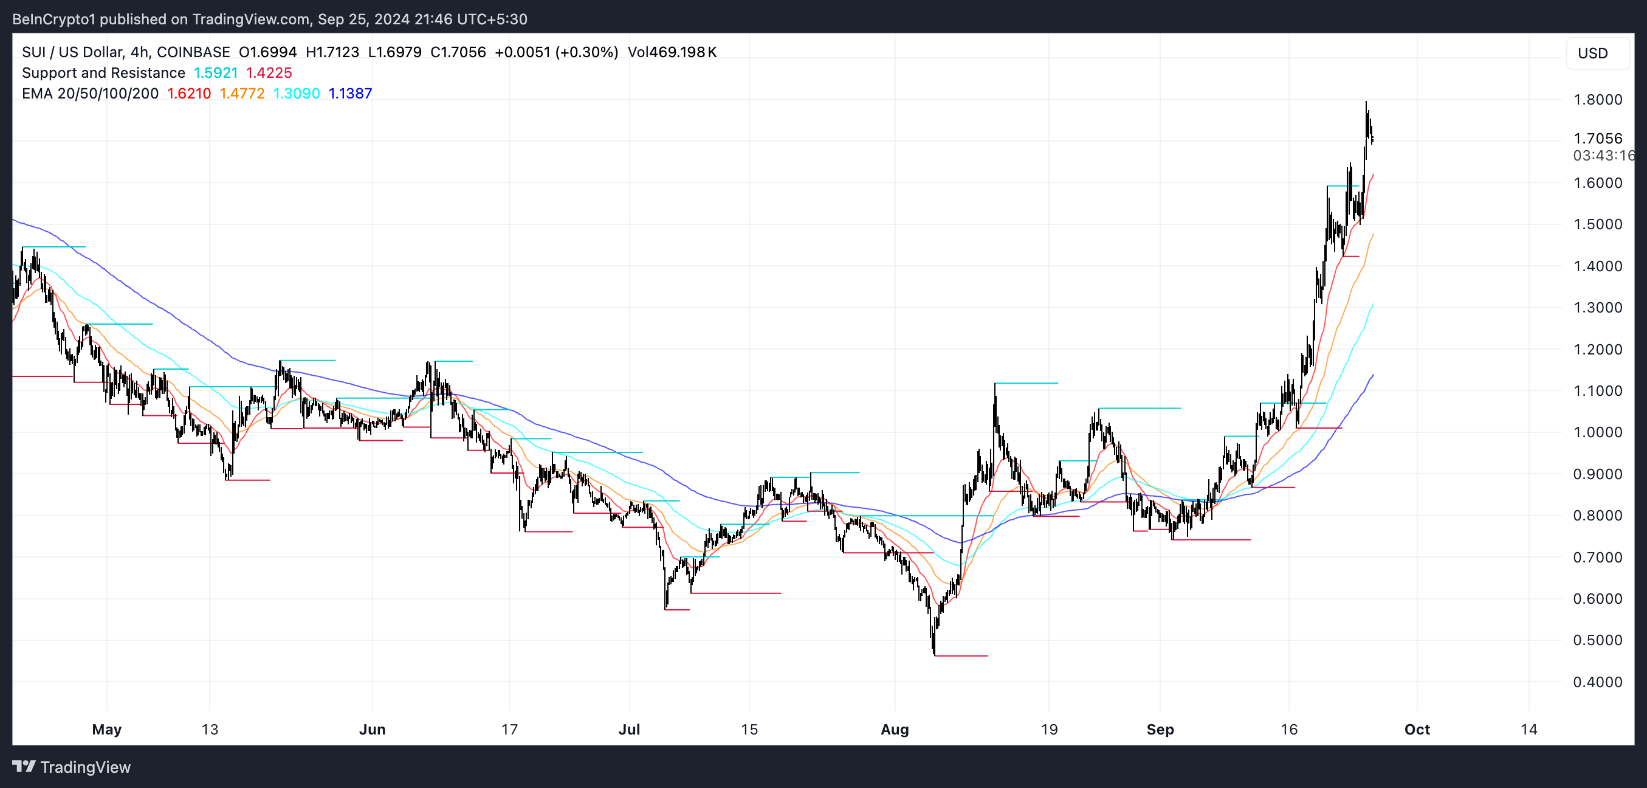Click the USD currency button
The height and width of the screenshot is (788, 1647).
coord(1592,53)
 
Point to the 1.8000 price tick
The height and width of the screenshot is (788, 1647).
coord(1597,100)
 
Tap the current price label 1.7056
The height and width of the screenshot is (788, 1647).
coord(1597,139)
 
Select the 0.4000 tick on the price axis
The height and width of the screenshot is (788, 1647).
coord(1597,682)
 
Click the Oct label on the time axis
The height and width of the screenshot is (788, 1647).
coord(1417,729)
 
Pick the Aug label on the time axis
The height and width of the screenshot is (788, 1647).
coord(895,729)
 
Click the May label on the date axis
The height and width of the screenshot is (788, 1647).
coord(107,729)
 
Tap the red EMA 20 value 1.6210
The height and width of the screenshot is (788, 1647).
coord(188,94)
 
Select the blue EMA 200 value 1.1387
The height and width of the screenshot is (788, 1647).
coord(349,94)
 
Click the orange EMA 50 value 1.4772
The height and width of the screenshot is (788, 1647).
coord(242,94)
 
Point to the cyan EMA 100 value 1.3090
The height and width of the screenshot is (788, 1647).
coord(296,94)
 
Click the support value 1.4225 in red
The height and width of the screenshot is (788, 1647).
coord(269,73)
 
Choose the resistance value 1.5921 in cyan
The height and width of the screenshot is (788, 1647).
coord(216,73)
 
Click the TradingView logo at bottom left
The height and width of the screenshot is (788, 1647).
coord(72,767)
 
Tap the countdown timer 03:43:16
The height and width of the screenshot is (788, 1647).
coord(1603,156)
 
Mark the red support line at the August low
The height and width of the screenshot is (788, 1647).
coord(961,655)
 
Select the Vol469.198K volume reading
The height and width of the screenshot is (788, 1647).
coord(672,52)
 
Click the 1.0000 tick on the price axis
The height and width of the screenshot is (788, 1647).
coord(1597,432)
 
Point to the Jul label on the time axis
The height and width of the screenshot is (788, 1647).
coord(629,729)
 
